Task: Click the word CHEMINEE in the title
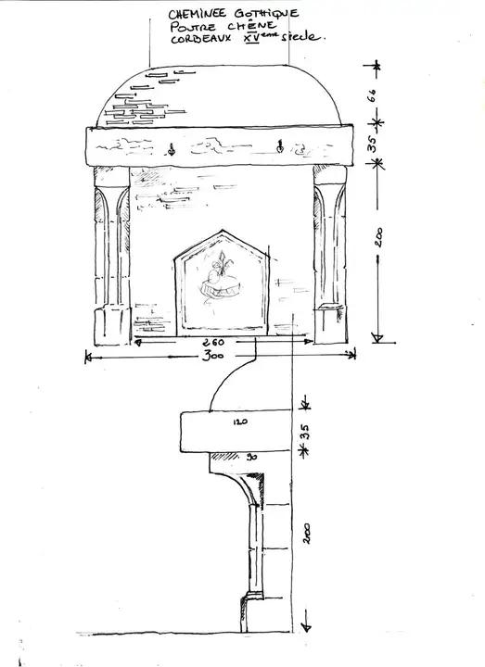click(x=198, y=14)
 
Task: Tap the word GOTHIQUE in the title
click(x=266, y=14)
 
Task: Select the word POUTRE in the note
click(x=193, y=27)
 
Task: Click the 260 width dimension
click(x=213, y=342)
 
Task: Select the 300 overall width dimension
click(x=213, y=356)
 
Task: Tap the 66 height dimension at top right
click(x=371, y=95)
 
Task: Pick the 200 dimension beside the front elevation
click(x=378, y=237)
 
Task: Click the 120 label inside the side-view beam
click(x=240, y=422)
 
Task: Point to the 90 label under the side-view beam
click(x=251, y=458)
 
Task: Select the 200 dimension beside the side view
click(x=307, y=534)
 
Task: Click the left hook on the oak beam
click(x=172, y=149)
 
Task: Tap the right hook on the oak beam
click(x=280, y=146)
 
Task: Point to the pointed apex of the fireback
click(x=222, y=231)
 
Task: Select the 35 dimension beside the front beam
click(x=372, y=144)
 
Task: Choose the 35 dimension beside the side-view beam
click(x=303, y=432)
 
